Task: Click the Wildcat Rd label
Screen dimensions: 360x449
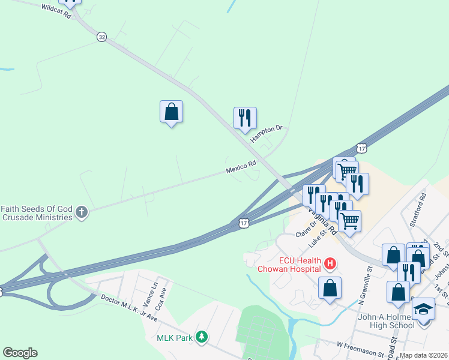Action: tap(56, 11)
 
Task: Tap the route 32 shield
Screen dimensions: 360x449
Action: tap(101, 37)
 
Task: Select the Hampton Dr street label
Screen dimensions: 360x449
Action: tap(266, 134)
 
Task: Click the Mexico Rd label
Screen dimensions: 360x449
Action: tap(241, 167)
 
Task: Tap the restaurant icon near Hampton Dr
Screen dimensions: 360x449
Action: tap(245, 118)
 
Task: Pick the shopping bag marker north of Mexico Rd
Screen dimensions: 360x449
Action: tap(171, 112)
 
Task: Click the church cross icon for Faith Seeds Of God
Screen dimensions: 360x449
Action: tap(82, 212)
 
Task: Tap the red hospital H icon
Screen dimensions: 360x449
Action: tap(329, 263)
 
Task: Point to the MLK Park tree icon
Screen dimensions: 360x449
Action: tap(203, 338)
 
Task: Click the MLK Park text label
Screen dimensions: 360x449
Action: tap(175, 338)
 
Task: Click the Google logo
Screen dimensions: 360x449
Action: tap(20, 353)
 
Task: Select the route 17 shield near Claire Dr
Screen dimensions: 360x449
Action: tap(243, 223)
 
